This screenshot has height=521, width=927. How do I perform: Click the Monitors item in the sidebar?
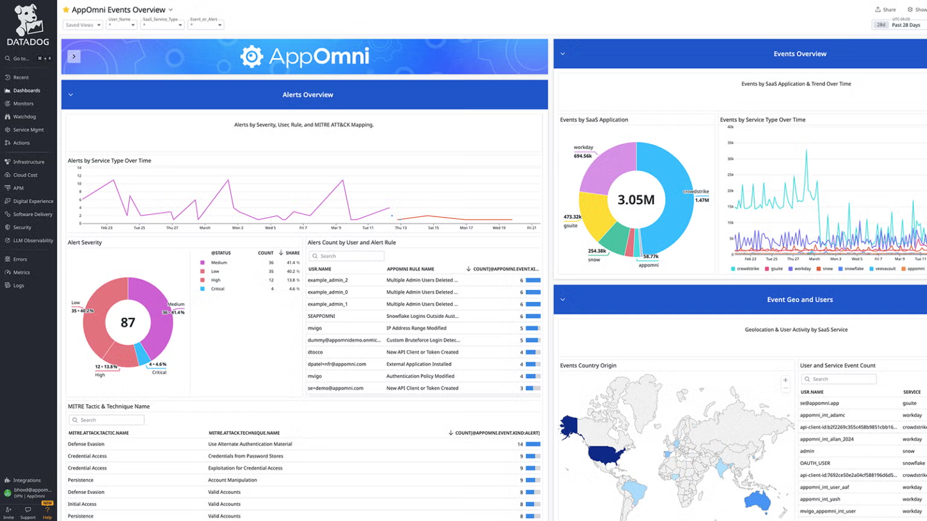[x=23, y=104]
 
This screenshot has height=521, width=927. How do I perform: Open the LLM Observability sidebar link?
[x=33, y=241]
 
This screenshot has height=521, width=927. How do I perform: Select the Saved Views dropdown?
[x=83, y=25]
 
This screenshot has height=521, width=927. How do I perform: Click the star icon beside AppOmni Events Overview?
[x=66, y=10]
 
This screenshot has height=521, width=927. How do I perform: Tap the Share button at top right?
[x=885, y=10]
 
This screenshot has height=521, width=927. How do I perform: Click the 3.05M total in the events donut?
[x=636, y=200]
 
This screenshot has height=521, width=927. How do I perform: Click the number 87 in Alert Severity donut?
[x=127, y=323]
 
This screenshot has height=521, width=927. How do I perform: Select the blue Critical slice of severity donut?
[x=142, y=354]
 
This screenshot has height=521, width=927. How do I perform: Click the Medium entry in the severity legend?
[x=218, y=263]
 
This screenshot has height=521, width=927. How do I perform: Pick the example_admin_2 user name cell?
[x=328, y=280]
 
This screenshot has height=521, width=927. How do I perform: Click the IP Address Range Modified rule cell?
[x=416, y=329]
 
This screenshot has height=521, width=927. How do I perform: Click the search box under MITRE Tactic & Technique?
[x=107, y=420]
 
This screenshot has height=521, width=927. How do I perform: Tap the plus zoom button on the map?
[x=785, y=380]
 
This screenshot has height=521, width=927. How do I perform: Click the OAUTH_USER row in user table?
[x=815, y=463]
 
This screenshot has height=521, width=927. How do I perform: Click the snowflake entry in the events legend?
[x=851, y=269]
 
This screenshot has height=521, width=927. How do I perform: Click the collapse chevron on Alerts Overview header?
[x=71, y=95]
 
